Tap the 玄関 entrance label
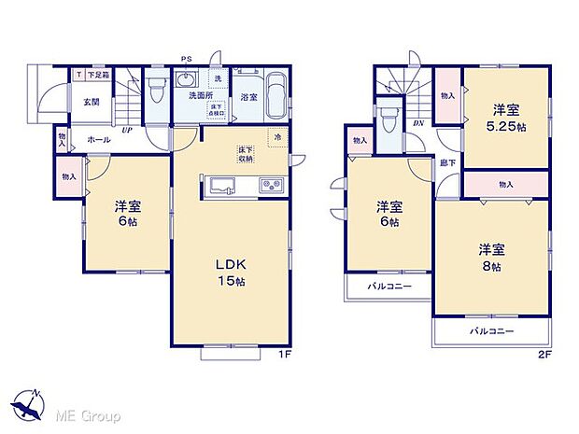pos(90,103)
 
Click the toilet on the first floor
pos(157,91)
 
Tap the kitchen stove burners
pos(272,183)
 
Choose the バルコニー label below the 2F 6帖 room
pos(388,287)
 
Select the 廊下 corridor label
pos(448,162)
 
